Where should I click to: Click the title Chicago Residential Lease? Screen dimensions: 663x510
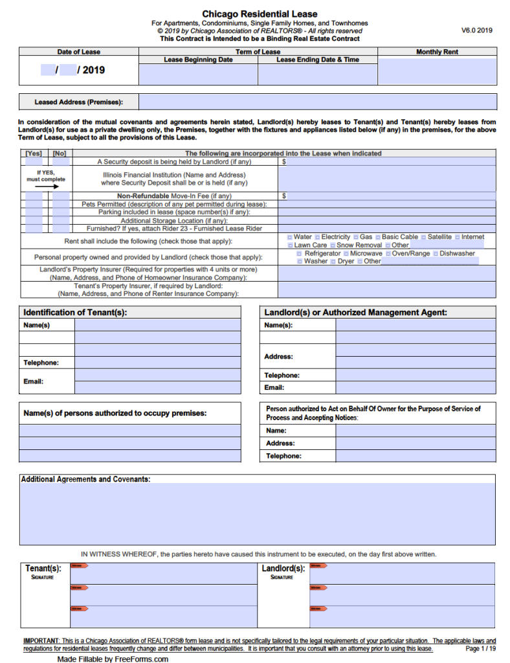(260, 14)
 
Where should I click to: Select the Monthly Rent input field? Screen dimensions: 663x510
(437, 71)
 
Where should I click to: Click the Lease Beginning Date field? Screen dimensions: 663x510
(198, 74)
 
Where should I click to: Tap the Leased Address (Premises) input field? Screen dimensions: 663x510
(318, 102)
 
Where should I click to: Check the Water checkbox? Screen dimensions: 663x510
(289, 238)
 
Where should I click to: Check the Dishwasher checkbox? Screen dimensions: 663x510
(436, 254)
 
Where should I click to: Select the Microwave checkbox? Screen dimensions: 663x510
(346, 254)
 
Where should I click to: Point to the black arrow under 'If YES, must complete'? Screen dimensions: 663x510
(46, 186)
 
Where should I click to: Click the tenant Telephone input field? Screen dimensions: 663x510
(157, 363)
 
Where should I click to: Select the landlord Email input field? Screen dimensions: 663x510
(416, 388)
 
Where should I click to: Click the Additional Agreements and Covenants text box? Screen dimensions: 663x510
(258, 514)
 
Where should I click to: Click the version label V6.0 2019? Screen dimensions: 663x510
(477, 30)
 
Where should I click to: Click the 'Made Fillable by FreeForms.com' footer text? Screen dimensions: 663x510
(113, 658)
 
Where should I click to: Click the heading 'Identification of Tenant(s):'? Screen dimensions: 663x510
(75, 312)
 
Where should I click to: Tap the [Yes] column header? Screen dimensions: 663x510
(33, 153)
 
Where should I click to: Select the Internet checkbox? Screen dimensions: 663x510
(458, 238)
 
